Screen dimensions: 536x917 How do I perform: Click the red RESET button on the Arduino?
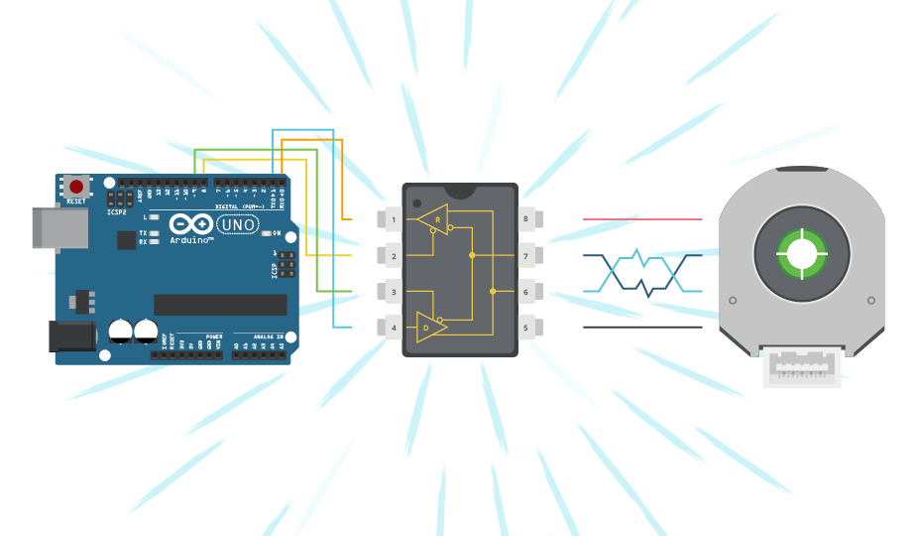(76, 187)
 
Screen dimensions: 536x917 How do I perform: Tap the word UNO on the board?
(236, 224)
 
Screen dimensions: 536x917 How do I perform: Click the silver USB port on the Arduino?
(57, 227)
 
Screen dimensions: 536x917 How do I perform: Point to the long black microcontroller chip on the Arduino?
(220, 305)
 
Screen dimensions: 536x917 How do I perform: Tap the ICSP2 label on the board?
(116, 210)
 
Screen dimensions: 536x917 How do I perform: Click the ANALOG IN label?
(264, 336)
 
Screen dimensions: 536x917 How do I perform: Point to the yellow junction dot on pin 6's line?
(494, 292)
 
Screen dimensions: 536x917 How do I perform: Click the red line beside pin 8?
(641, 218)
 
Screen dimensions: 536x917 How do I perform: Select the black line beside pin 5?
(641, 327)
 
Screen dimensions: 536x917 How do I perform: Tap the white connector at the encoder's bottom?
(801, 369)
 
